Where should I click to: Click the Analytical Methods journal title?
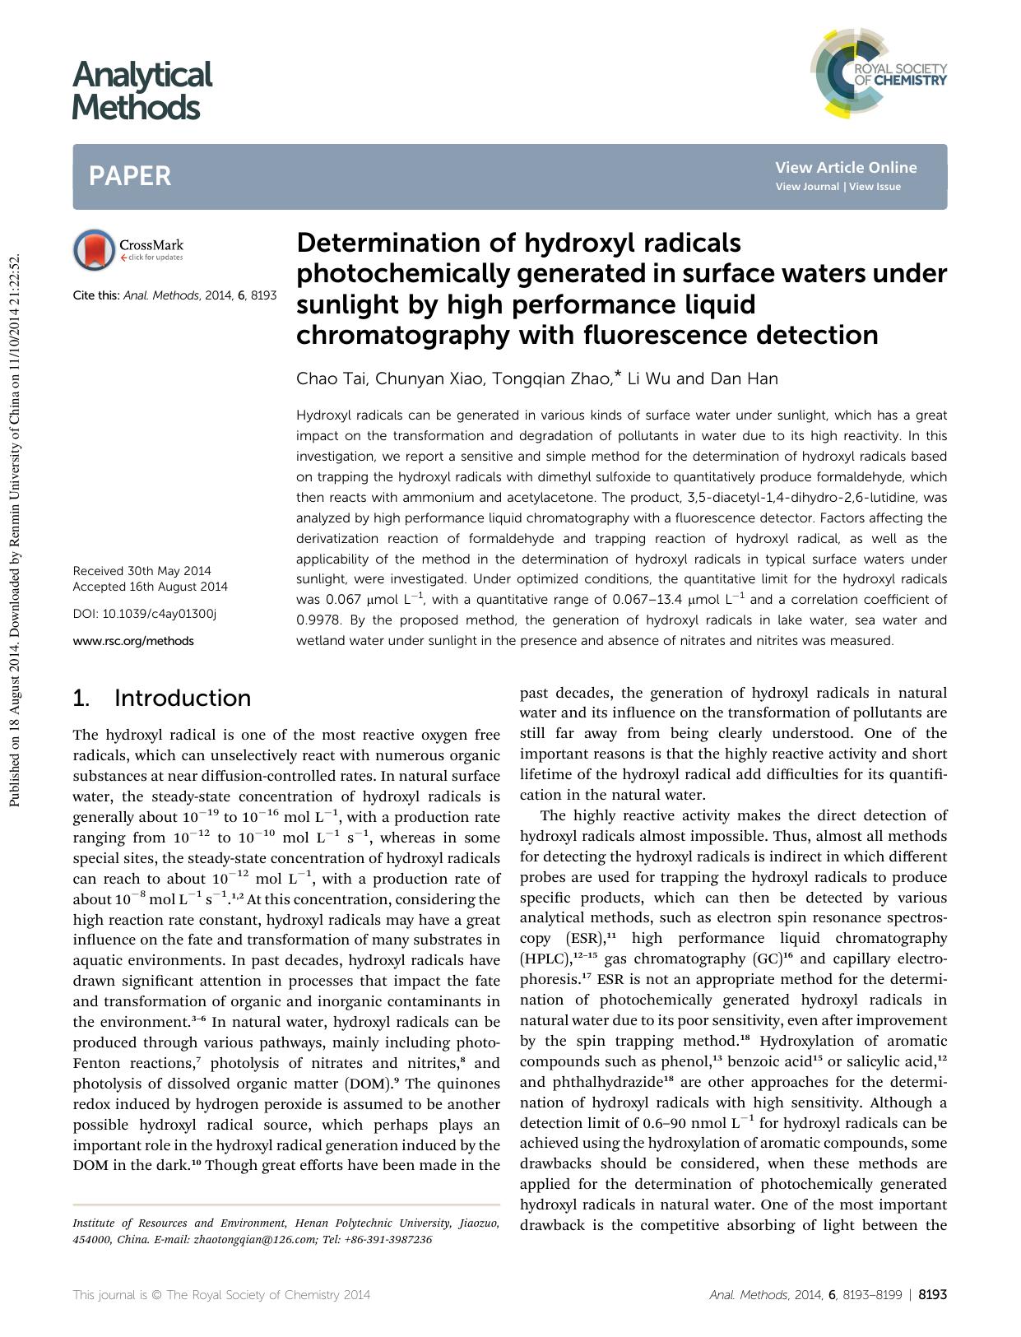click(142, 91)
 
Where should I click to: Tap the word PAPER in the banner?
click(130, 176)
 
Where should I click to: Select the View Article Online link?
click(845, 168)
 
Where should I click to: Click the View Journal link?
click(807, 187)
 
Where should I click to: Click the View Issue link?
click(875, 187)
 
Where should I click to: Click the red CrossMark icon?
click(94, 249)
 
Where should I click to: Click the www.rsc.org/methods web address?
click(133, 641)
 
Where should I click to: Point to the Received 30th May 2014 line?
click(142, 571)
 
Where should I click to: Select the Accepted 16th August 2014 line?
click(150, 587)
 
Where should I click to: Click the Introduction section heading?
click(182, 699)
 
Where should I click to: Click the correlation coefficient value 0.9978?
click(314, 620)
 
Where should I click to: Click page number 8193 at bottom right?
click(932, 1294)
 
